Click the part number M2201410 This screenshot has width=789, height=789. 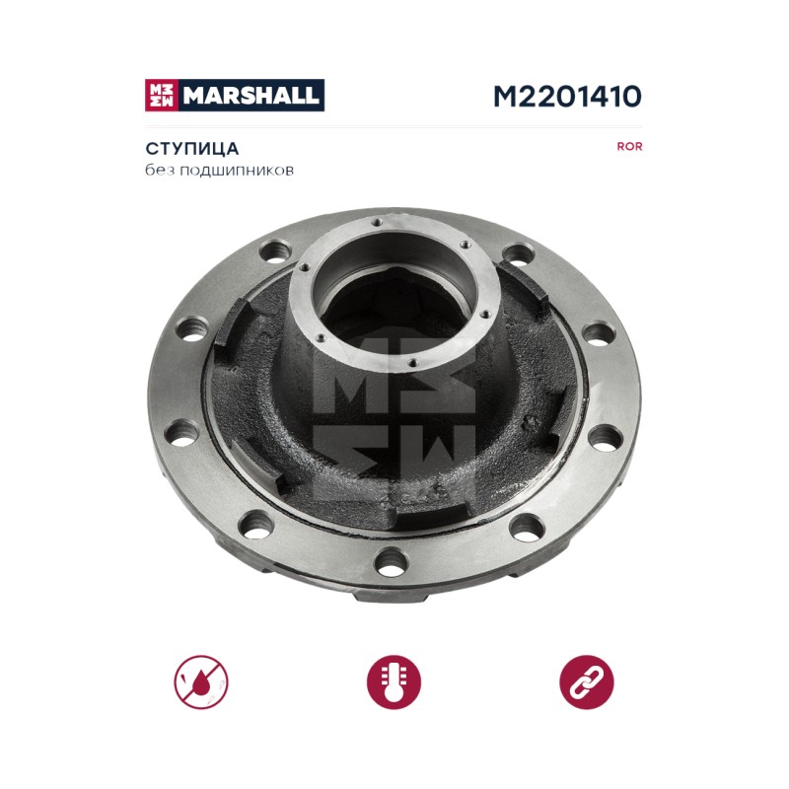(567, 96)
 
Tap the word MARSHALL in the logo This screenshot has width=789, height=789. (251, 95)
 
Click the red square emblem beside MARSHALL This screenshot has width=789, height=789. (162, 95)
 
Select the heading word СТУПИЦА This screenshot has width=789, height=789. (191, 149)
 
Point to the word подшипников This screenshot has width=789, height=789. (237, 171)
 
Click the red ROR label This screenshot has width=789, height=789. (629, 146)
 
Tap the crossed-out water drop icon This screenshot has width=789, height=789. (201, 682)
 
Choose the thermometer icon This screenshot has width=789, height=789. (394, 682)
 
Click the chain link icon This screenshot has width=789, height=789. (587, 682)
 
